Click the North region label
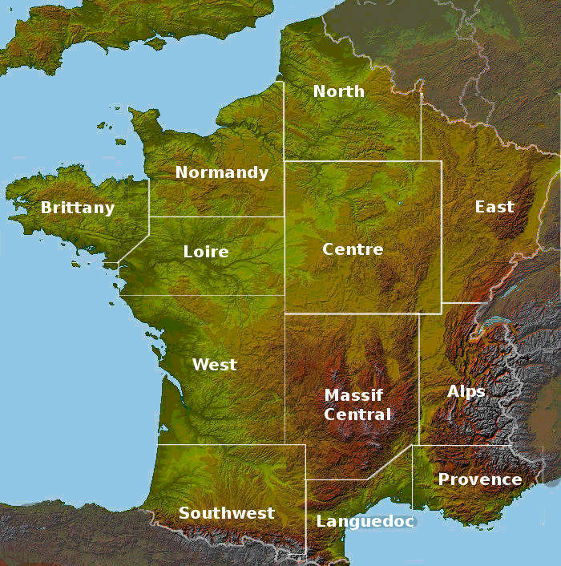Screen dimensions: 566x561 tap(338, 91)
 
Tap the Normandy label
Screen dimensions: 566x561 tap(221, 172)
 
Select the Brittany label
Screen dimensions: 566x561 tap(78, 208)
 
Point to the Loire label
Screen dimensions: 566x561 tap(206, 252)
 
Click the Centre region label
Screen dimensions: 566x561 tap(353, 249)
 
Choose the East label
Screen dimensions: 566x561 tap(494, 207)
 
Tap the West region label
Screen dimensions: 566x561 tap(215, 365)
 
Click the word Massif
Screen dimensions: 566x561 tap(353, 395)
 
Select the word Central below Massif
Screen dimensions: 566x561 tap(358, 414)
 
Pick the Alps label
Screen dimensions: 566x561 tap(466, 391)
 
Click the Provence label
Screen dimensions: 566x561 tap(479, 479)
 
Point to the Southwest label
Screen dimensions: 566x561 tap(226, 513)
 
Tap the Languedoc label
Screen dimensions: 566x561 tap(365, 521)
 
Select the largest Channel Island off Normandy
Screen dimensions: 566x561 tap(120, 142)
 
